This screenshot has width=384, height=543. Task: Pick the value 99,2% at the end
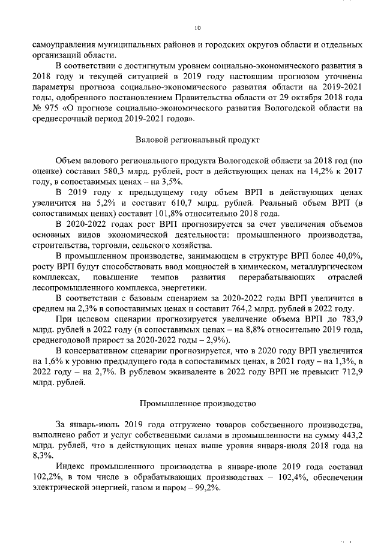pos(209,488)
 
